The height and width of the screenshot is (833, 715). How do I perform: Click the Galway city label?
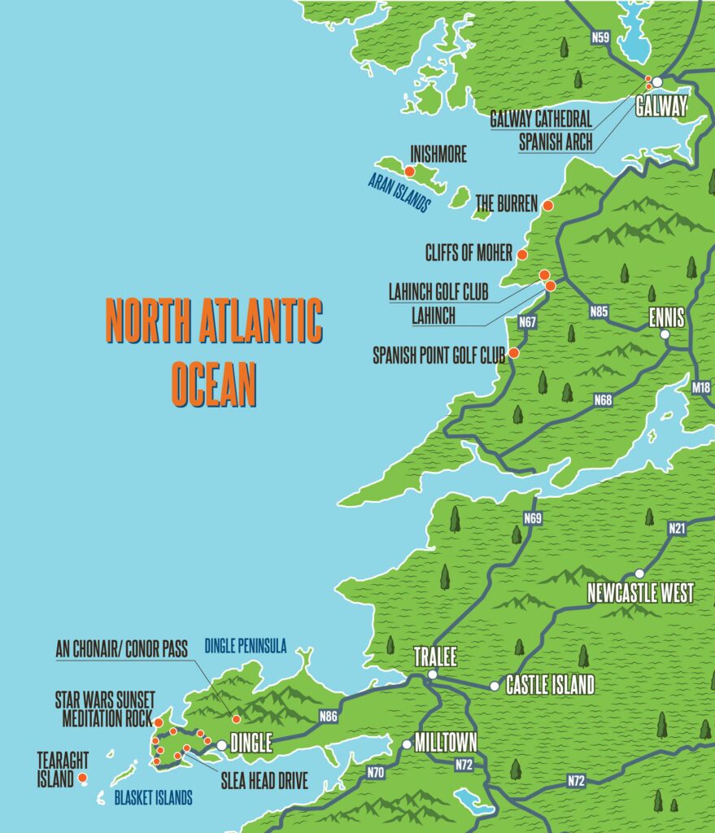tap(661, 106)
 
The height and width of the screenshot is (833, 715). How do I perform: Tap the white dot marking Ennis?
tap(665, 334)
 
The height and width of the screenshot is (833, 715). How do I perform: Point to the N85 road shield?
tap(599, 311)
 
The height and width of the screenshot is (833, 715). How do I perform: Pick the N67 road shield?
tap(527, 322)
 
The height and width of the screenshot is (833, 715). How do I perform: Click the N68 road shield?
tap(603, 399)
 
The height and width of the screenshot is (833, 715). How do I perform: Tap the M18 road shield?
tap(700, 388)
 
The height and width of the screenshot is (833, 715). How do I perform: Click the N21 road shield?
tap(677, 528)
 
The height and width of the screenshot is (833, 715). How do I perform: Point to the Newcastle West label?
tap(641, 593)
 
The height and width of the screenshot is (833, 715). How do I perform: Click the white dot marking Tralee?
tap(433, 674)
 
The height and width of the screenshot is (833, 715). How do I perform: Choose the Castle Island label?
tap(550, 685)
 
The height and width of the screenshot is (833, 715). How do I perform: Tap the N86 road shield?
tap(329, 716)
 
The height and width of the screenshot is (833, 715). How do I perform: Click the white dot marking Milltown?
tap(407, 744)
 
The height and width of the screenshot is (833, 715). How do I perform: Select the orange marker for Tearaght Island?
tap(82, 778)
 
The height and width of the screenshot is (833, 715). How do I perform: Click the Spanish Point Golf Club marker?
tap(513, 353)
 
